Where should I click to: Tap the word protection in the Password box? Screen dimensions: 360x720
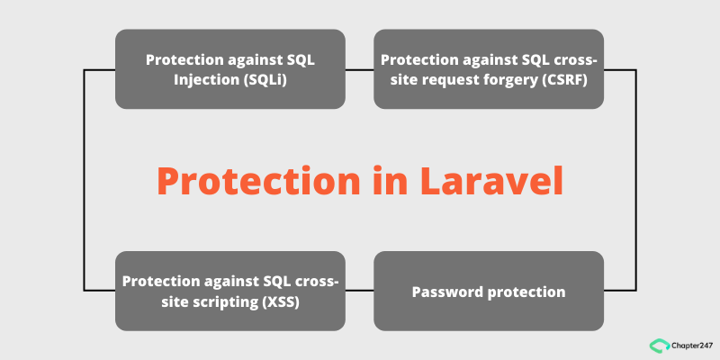[526, 292]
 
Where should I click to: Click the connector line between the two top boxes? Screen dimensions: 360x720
[360, 69]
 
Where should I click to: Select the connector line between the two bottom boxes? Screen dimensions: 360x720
[360, 290]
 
